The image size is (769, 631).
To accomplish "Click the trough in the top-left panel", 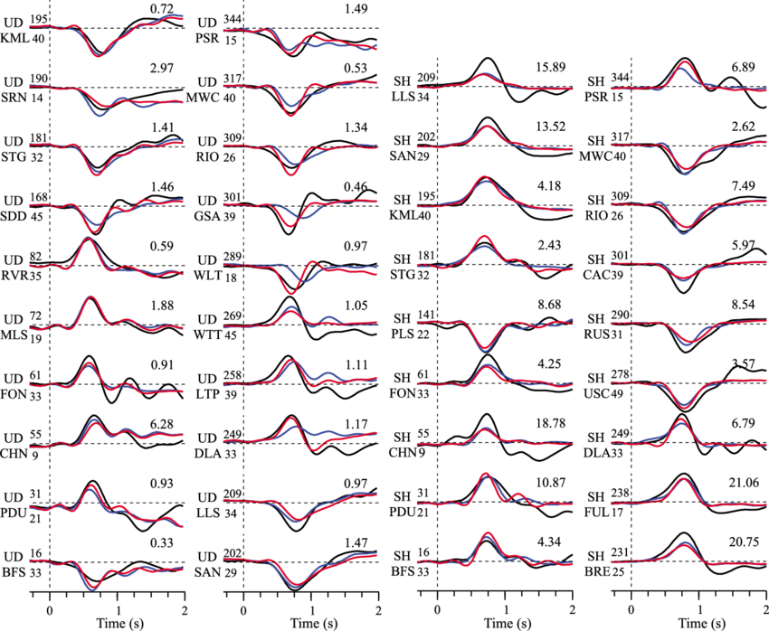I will pyautogui.click(x=98, y=54).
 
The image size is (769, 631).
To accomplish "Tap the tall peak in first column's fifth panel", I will pyautogui.click(x=87, y=240).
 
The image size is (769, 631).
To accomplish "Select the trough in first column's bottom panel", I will pyautogui.click(x=93, y=586).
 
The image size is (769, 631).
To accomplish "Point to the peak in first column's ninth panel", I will pyautogui.click(x=90, y=488).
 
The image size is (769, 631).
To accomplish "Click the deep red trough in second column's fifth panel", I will pyautogui.click(x=290, y=290).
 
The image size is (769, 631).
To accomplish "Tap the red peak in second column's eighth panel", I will pyautogui.click(x=291, y=420).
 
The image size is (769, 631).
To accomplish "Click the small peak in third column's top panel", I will pyautogui.click(x=486, y=75).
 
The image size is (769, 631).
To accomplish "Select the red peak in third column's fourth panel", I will pyautogui.click(x=483, y=238).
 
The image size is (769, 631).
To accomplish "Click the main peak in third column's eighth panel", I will pyautogui.click(x=485, y=474).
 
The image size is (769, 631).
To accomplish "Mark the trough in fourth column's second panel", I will pyautogui.click(x=687, y=171).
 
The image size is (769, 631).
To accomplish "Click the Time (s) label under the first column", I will pyautogui.click(x=120, y=623).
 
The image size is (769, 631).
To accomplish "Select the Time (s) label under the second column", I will pyautogui.click(x=315, y=623).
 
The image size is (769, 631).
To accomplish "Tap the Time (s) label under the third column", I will pyautogui.click(x=508, y=623).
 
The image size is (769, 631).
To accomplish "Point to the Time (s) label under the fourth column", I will pyautogui.click(x=702, y=623).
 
